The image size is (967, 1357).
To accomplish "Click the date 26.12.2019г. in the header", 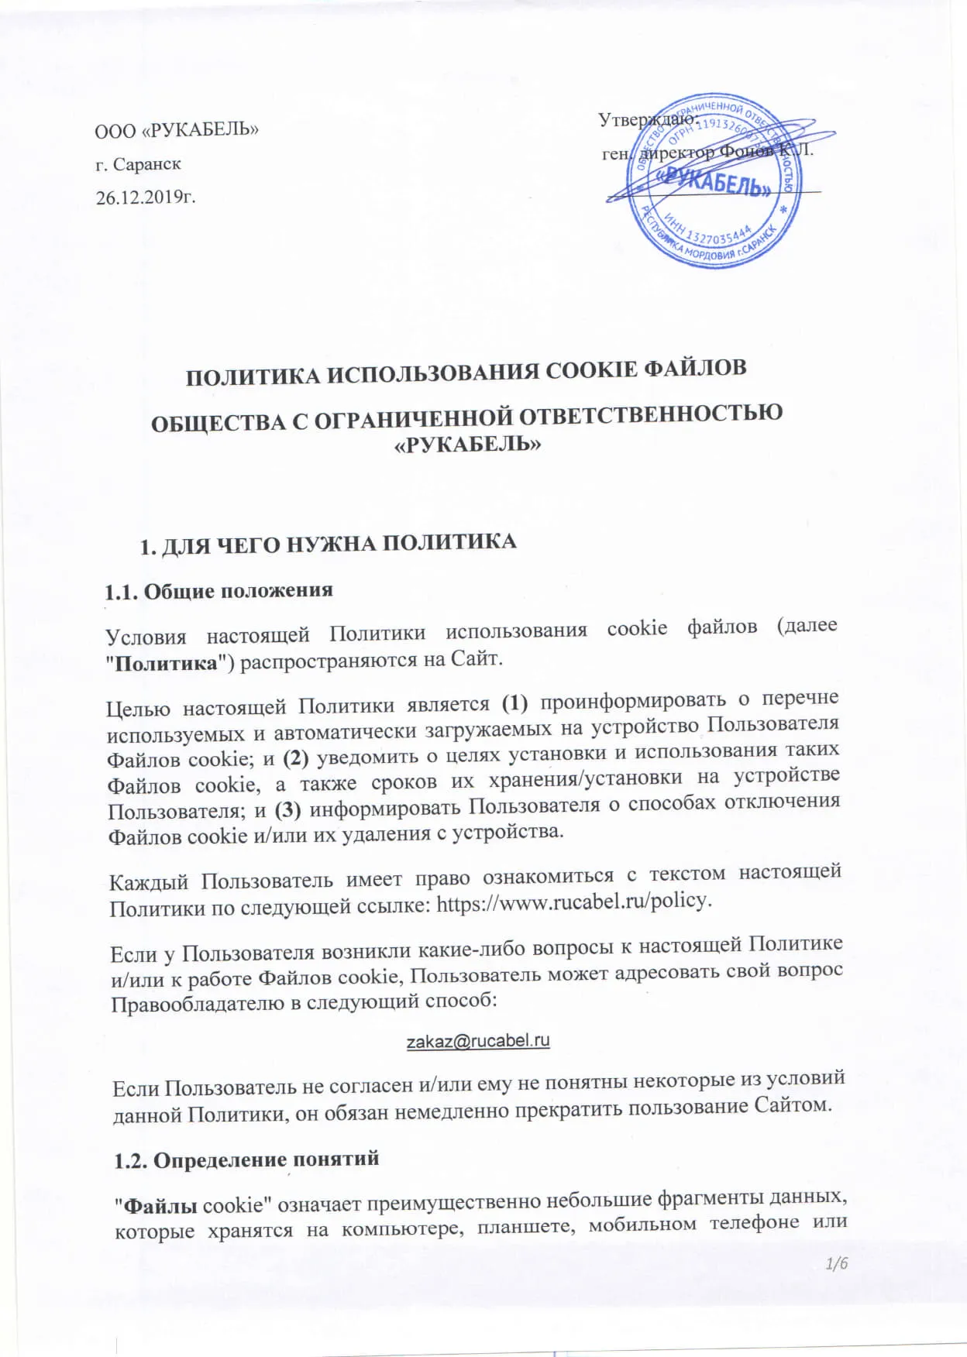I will [146, 198].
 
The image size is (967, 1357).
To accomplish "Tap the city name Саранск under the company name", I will [147, 164].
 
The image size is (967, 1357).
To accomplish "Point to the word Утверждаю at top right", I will [647, 120].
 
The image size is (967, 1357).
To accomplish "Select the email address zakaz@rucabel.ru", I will [478, 1040].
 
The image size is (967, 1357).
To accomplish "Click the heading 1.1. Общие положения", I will [219, 591].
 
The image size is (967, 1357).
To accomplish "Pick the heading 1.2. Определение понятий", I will [246, 1159].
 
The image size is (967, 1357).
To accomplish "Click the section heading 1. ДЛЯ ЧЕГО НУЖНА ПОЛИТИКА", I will [327, 544].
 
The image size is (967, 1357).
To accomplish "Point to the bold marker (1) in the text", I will [514, 703].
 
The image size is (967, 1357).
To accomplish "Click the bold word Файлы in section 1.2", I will [161, 1206].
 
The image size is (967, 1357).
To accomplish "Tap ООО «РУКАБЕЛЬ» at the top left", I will [177, 129].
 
